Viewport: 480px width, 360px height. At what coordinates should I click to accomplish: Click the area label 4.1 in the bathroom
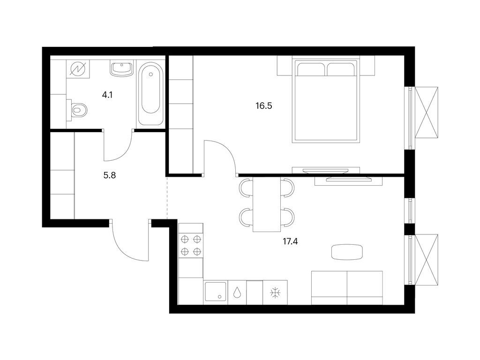tap(107, 95)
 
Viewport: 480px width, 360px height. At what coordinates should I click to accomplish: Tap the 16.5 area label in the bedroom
tap(264, 106)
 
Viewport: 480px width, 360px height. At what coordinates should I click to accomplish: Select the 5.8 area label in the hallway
tap(110, 175)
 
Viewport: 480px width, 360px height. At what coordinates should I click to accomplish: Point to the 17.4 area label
tap(290, 241)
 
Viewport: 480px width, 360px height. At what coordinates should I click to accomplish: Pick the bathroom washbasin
tap(121, 68)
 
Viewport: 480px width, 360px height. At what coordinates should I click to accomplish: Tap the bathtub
tap(150, 94)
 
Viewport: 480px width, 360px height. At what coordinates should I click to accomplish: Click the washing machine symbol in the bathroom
tap(78, 68)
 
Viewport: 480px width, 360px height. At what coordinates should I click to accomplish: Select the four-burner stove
tap(191, 245)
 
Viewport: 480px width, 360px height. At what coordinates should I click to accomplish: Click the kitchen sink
tap(216, 292)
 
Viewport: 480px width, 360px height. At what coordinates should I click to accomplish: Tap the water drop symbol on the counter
tap(237, 292)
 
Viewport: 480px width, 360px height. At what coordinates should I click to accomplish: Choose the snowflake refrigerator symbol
tap(275, 293)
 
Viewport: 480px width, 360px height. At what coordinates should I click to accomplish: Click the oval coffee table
tap(348, 252)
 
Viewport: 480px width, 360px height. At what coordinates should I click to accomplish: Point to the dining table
tap(267, 205)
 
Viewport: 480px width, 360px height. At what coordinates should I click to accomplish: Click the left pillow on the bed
tap(310, 69)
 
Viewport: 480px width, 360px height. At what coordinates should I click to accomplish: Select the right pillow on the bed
tap(340, 69)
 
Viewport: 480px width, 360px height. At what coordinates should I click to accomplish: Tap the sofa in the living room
tap(347, 288)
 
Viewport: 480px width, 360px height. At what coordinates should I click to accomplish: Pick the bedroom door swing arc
tap(227, 151)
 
